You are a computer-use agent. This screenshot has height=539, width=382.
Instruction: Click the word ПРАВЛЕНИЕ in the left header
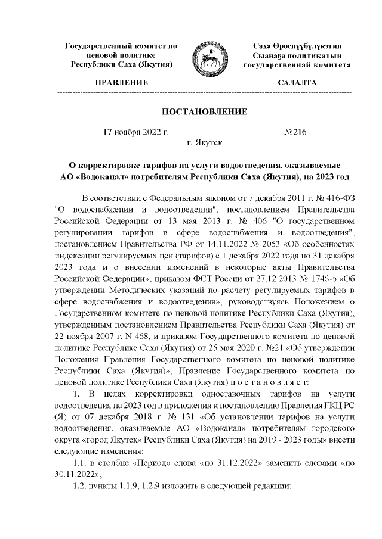[117, 82]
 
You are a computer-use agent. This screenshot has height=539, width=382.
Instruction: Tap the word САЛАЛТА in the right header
[297, 82]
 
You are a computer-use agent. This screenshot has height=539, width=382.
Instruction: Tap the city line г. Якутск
[205, 143]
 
